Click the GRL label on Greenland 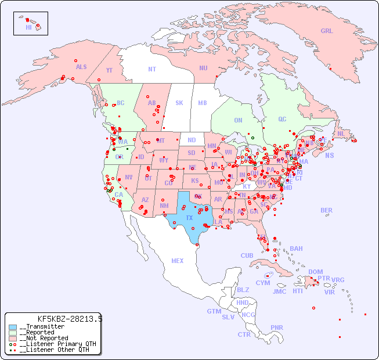pyautogui.click(x=327, y=31)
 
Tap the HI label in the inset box pyautogui.click(x=28, y=27)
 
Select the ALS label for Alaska pyautogui.click(x=81, y=67)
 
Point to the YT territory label pyautogui.click(x=109, y=70)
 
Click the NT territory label pyautogui.click(x=152, y=69)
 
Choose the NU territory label pyautogui.click(x=203, y=68)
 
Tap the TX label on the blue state pyautogui.click(x=189, y=218)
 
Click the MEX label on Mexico pyautogui.click(x=178, y=261)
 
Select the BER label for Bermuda pyautogui.click(x=327, y=210)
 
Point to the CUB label pyautogui.click(x=247, y=255)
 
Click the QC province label pyautogui.click(x=282, y=119)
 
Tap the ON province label pyautogui.click(x=238, y=120)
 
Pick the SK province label pyautogui.click(x=179, y=103)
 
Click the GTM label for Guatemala pyautogui.click(x=214, y=311)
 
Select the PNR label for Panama pyautogui.click(x=277, y=327)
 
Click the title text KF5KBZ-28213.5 pyautogui.click(x=70, y=319)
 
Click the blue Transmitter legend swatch pyautogui.click(x=13, y=327)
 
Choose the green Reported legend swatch pyautogui.click(x=13, y=333)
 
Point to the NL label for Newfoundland pyautogui.click(x=341, y=133)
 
